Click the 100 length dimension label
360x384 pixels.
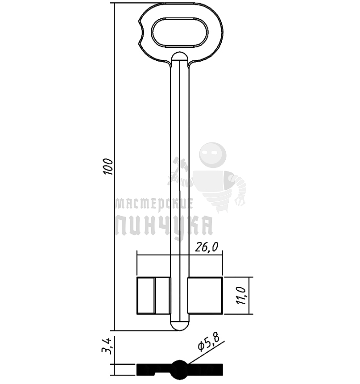pos(108,167)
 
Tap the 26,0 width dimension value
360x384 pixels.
pos(206,247)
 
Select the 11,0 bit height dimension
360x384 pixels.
pos(241,296)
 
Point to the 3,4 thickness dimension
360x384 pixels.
pos(107,346)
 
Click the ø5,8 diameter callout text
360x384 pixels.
pos(208,342)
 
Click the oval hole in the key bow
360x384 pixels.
pos(180,32)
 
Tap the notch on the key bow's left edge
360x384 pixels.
pos(141,32)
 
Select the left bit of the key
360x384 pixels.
pos(154,296)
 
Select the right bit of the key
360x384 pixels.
pos(205,296)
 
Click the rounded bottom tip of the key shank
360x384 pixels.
pos(180,326)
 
